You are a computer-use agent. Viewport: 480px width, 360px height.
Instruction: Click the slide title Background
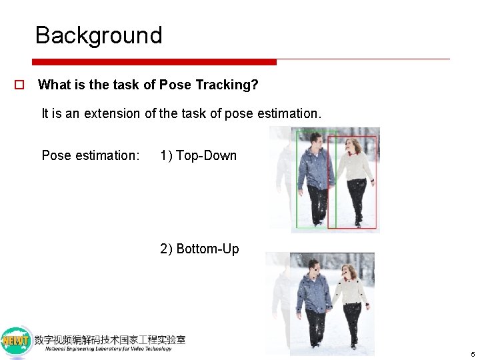point(99,35)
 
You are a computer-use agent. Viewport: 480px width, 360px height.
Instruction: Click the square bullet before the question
point(20,85)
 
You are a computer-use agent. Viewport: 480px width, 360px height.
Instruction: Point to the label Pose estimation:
point(91,155)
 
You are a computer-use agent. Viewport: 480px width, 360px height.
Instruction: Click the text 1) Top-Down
point(198,155)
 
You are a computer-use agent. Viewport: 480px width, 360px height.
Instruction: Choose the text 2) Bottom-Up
point(199,249)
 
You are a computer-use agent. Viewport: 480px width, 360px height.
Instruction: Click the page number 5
point(471,354)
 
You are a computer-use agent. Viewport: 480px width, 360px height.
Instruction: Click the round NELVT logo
point(15,341)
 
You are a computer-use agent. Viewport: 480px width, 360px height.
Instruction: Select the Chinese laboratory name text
point(110,339)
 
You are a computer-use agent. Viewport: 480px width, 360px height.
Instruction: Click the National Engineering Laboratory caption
point(108,349)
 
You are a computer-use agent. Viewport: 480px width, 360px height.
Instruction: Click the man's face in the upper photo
point(316,141)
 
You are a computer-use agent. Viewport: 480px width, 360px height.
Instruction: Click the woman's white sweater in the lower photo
point(351,291)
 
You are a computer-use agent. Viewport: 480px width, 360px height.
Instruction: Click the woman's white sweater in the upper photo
point(354,167)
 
